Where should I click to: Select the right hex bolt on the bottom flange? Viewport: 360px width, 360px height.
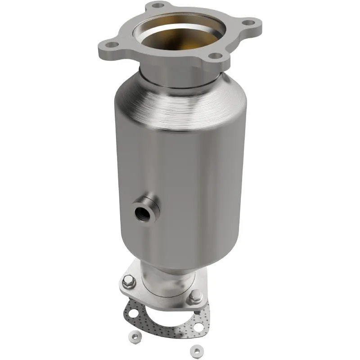point(195,297)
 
